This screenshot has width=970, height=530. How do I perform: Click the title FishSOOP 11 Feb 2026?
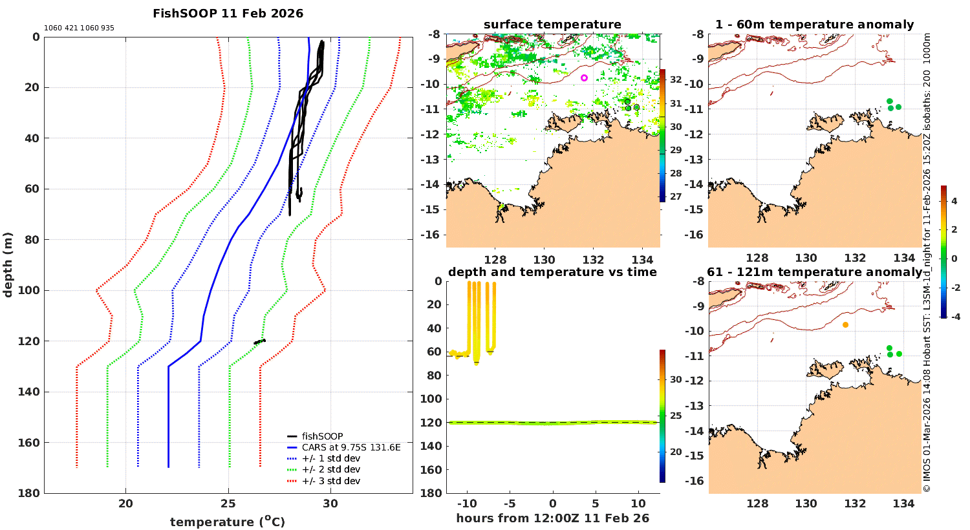(228, 14)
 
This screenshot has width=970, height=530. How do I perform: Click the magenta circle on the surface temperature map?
(584, 78)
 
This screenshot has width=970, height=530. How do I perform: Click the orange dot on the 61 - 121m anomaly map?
(845, 324)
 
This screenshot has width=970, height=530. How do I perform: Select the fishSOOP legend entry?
(322, 436)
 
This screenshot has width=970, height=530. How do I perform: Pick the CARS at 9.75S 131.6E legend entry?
(350, 447)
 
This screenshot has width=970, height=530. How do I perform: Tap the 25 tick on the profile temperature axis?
(228, 504)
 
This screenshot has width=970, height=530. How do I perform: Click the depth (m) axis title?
(8, 264)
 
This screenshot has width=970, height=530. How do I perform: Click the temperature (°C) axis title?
(228, 522)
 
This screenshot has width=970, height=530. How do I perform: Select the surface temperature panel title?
(552, 25)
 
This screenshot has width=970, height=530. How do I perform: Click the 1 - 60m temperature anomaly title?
(814, 25)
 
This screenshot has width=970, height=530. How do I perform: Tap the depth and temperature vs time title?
(552, 272)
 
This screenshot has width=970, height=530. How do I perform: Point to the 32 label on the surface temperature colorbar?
(676, 79)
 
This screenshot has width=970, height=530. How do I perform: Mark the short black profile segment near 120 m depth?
(259, 341)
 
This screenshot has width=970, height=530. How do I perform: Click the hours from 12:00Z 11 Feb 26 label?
(552, 518)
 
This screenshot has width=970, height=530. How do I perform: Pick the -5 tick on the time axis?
(510, 504)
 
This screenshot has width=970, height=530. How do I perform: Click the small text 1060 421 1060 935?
(79, 28)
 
